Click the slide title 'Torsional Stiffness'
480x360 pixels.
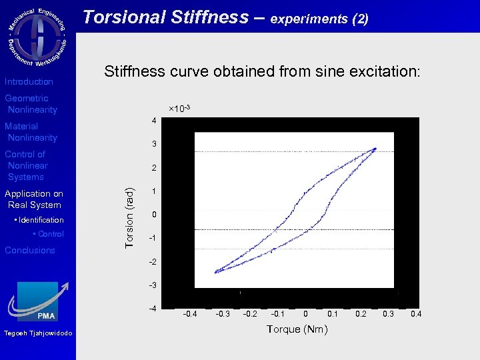(x=173, y=17)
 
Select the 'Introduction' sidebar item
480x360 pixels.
(x=29, y=81)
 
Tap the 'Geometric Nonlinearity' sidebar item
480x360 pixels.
(x=31, y=104)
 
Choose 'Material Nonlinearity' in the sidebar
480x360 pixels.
(x=31, y=132)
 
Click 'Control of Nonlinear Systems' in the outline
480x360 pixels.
(x=27, y=165)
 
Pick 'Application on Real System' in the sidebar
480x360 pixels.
(x=33, y=199)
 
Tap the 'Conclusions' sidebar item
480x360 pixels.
(x=30, y=250)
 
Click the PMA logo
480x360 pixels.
(x=38, y=303)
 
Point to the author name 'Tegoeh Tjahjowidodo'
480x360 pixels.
(x=38, y=333)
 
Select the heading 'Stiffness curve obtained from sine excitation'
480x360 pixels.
(x=262, y=72)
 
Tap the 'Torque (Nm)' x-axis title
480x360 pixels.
(x=297, y=329)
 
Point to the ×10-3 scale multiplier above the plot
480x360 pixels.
(x=179, y=108)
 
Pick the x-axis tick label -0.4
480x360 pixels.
(x=190, y=313)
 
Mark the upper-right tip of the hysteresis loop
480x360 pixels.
(x=375, y=149)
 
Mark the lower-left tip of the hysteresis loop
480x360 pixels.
(x=215, y=272)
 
